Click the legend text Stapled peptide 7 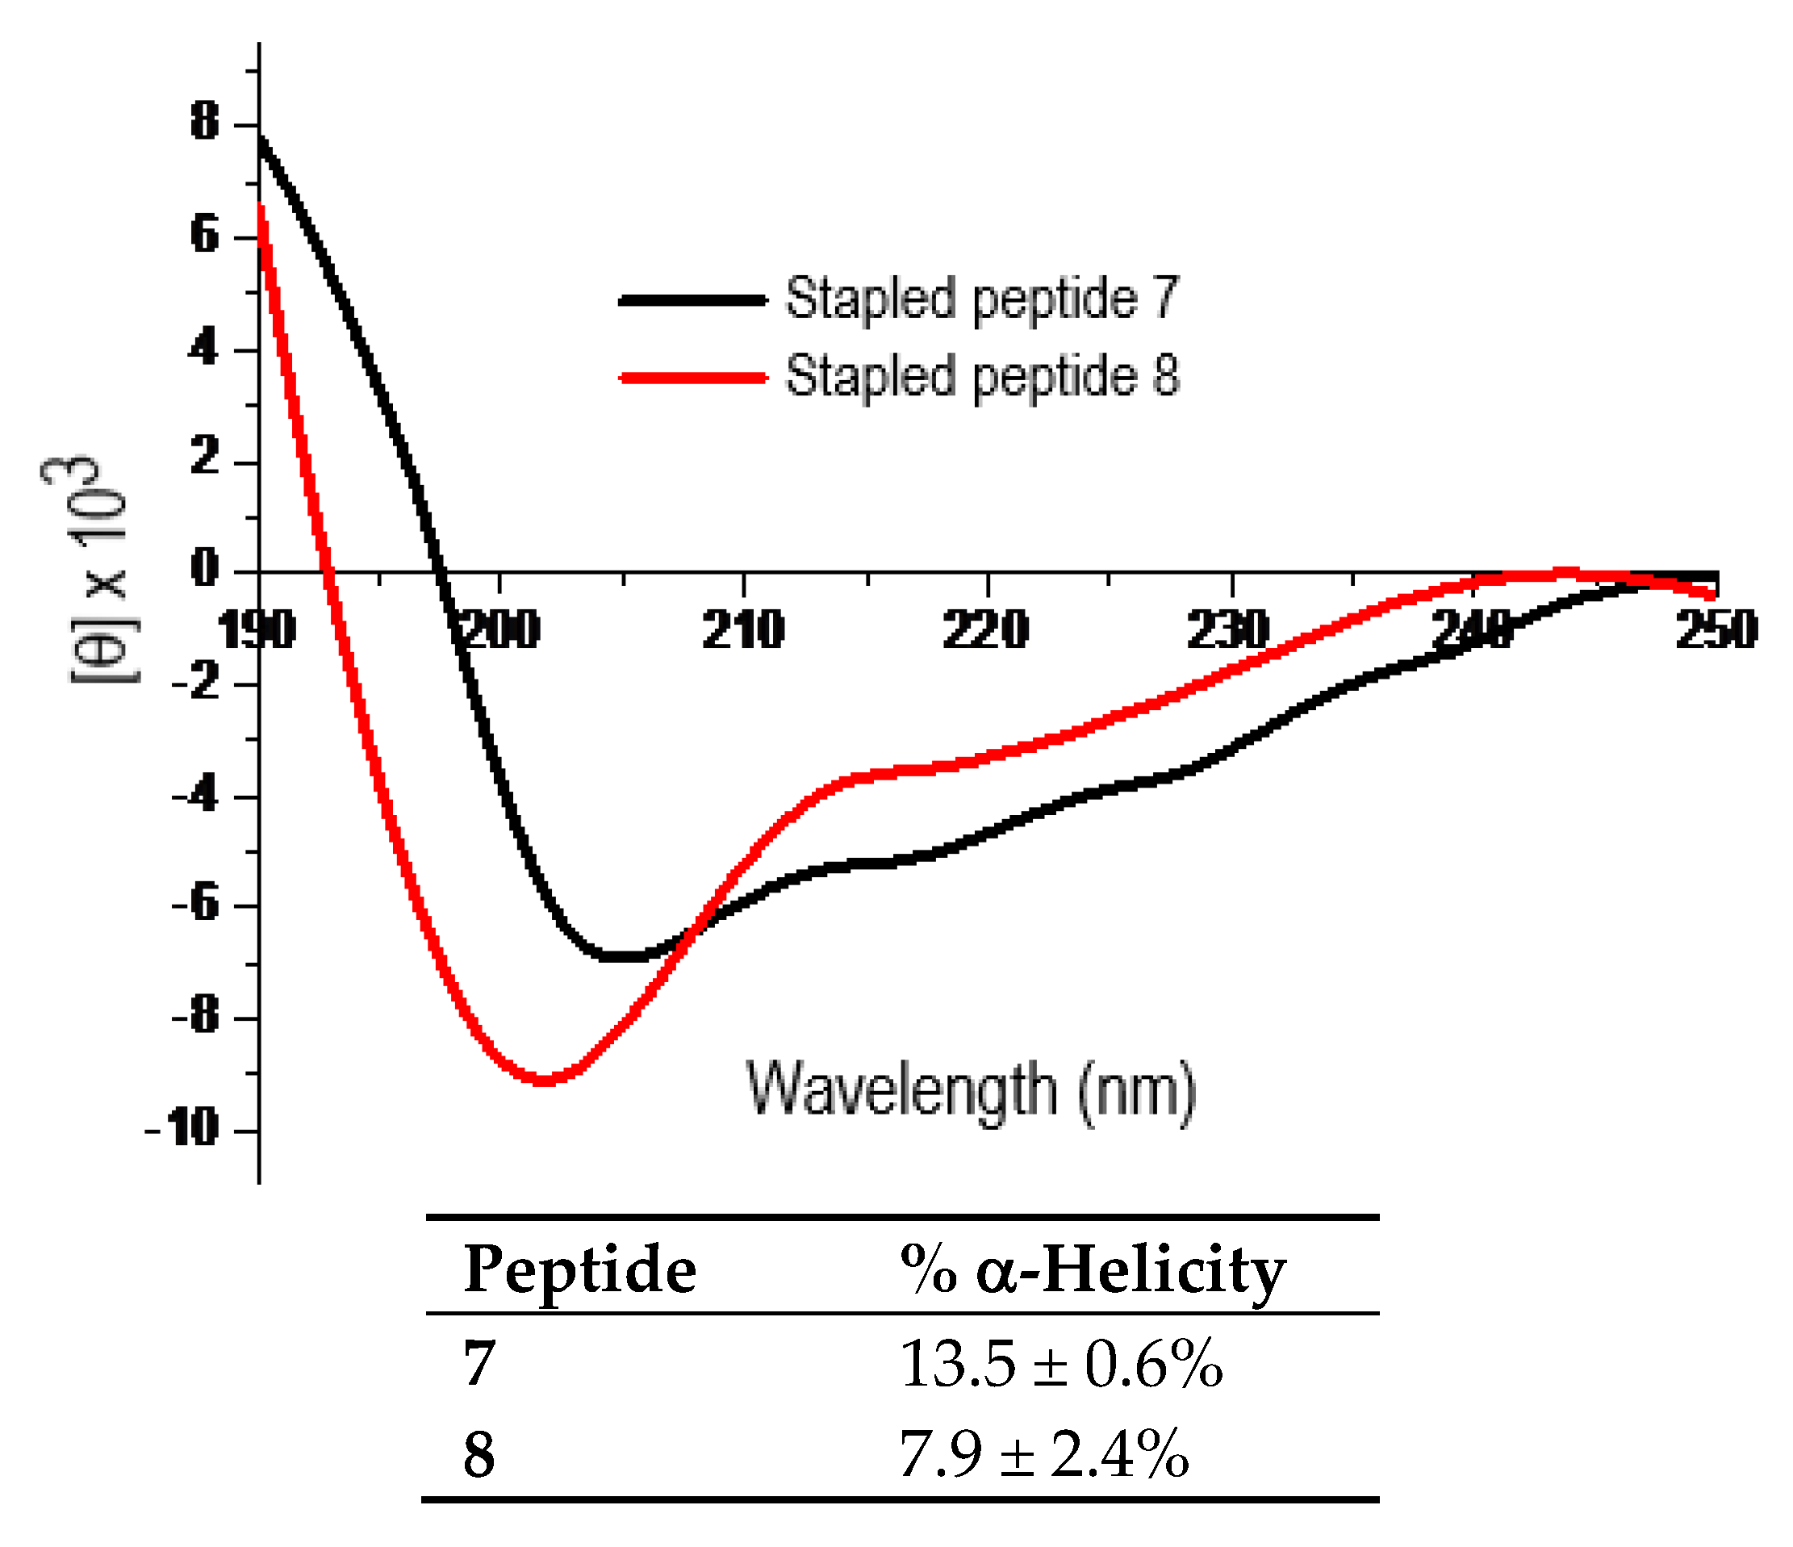[x=981, y=299]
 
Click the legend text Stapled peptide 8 [x=981, y=377]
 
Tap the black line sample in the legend [x=692, y=300]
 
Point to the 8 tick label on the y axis [x=205, y=121]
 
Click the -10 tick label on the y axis [x=183, y=1128]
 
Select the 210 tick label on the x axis [x=743, y=630]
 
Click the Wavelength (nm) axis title [x=971, y=1090]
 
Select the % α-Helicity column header [x=1092, y=1270]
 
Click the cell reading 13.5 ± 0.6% [x=1061, y=1365]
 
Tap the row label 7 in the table [x=479, y=1365]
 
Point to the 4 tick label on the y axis [x=205, y=349]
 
